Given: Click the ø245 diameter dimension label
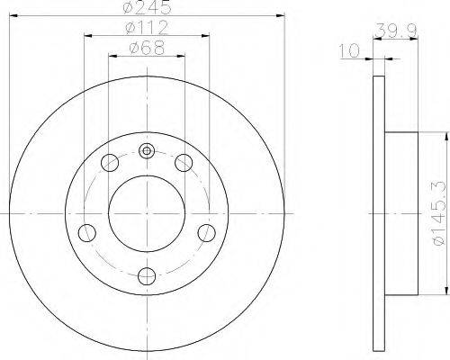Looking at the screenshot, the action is click(147, 7).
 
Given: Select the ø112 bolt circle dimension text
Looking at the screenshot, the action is click(147, 28).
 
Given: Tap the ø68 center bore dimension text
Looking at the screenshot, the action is click(147, 48).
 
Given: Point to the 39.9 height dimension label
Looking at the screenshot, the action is click(396, 30).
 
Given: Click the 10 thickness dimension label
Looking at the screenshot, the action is click(349, 50).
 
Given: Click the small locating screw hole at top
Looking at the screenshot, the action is click(147, 151).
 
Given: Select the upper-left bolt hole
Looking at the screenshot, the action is click(110, 163).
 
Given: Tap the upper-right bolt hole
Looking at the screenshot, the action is click(184, 163).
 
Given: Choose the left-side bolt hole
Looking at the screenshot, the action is click(87, 233).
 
